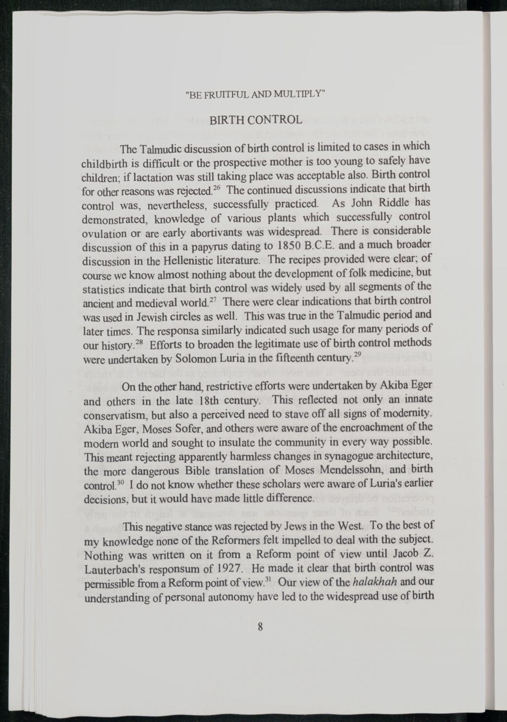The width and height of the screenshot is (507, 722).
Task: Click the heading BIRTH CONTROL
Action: click(256, 121)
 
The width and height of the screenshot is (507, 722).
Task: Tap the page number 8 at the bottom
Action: click(260, 627)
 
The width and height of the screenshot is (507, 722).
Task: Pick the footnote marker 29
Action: click(357, 354)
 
